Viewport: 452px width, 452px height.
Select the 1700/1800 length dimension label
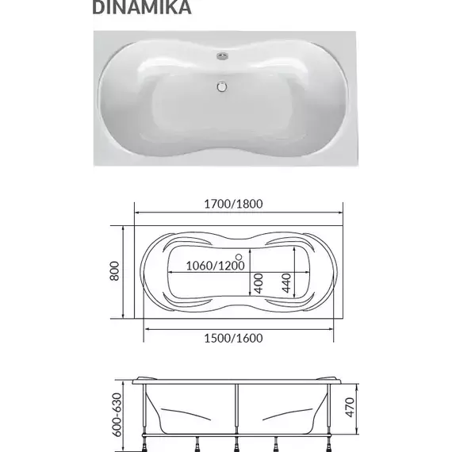(232, 202)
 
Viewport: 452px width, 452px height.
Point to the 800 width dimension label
(114, 272)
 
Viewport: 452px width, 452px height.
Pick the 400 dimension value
(258, 281)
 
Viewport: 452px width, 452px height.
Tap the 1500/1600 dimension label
(232, 338)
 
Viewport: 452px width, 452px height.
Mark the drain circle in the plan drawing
(240, 257)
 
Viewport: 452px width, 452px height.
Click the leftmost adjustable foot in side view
(146, 442)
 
